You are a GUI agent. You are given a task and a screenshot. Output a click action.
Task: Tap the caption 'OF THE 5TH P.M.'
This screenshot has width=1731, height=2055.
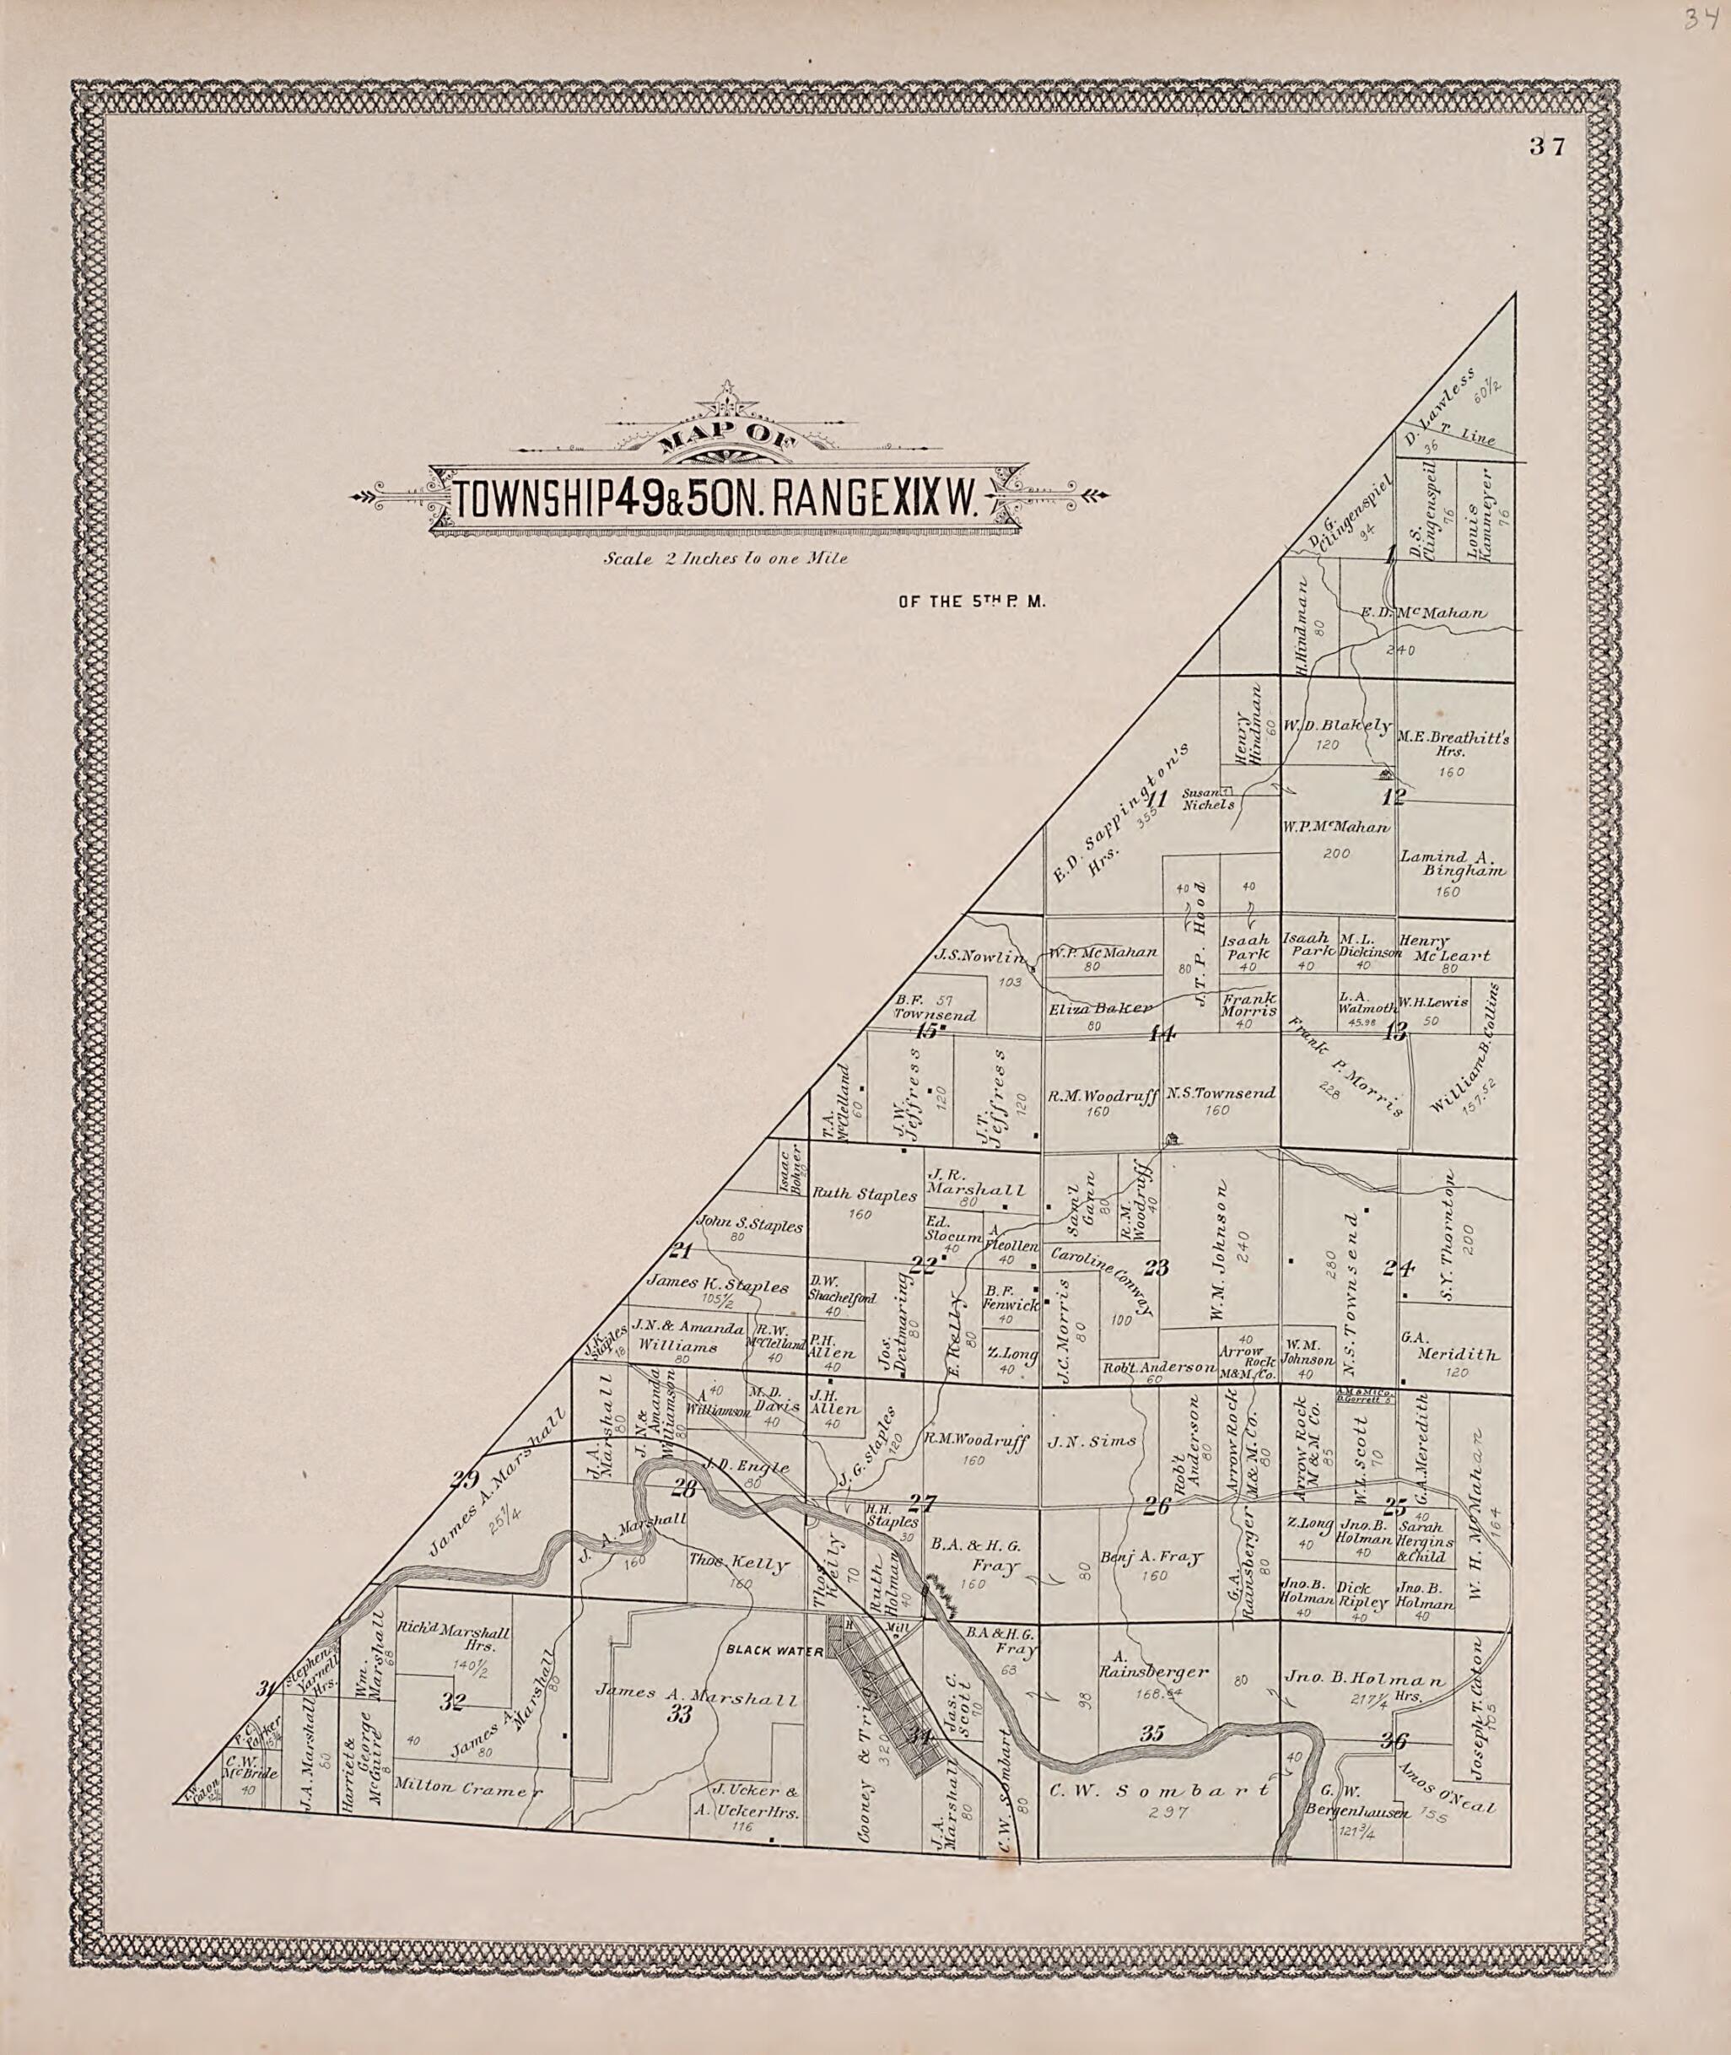pos(973,602)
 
